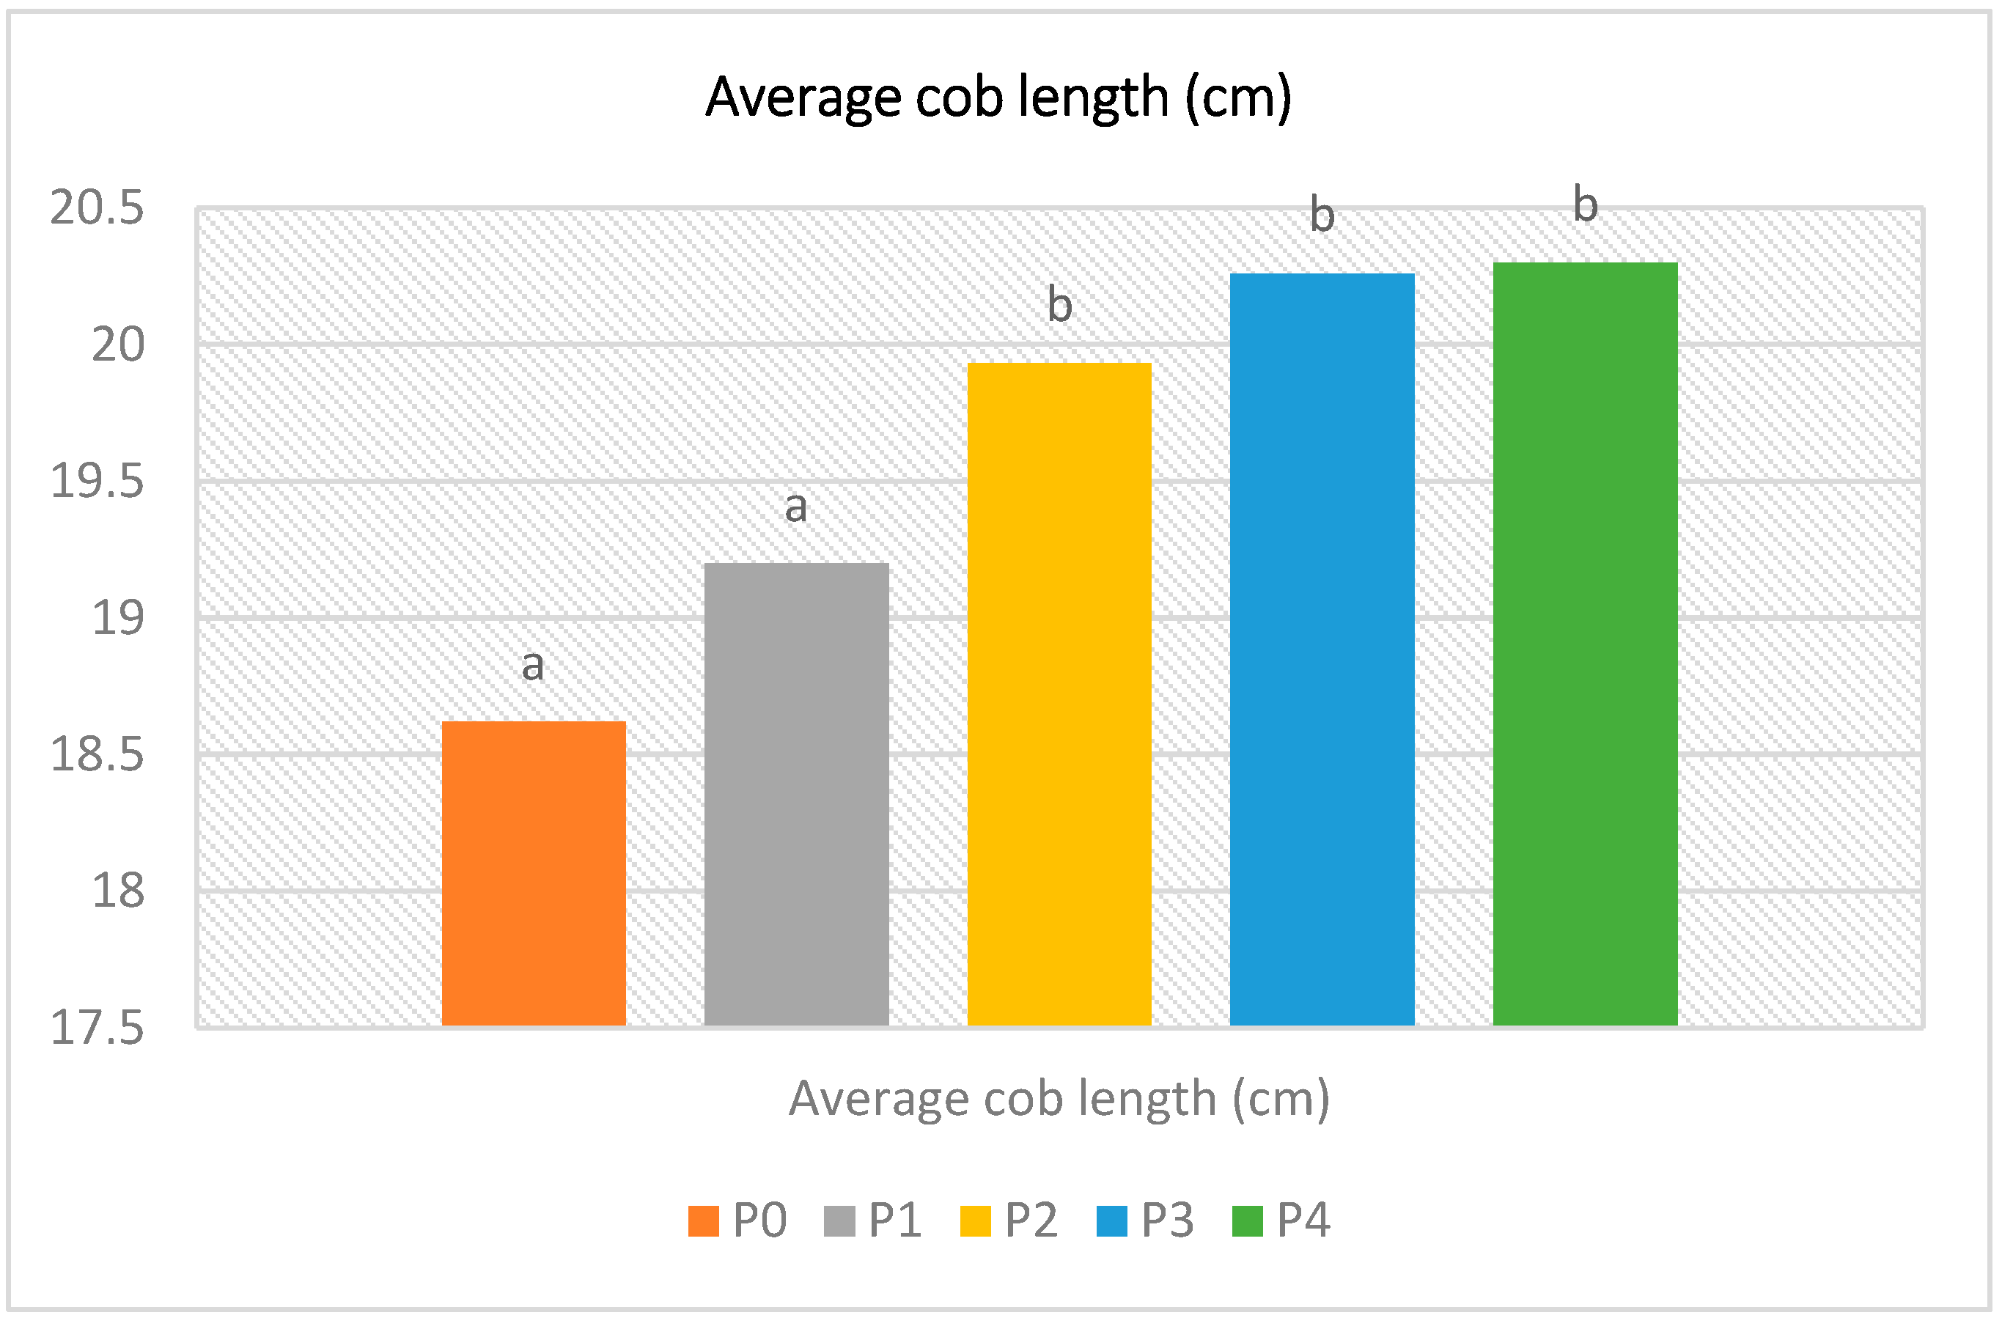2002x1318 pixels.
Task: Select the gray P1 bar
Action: point(796,794)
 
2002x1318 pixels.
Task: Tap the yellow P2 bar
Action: point(1059,694)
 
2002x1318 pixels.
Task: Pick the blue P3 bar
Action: point(1322,649)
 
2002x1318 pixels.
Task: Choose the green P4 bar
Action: point(1585,644)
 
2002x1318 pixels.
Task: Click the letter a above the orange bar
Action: point(532,666)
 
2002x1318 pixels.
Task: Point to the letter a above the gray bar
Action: point(796,507)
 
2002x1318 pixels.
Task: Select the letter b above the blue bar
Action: point(1322,216)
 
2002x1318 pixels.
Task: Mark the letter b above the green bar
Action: point(1585,205)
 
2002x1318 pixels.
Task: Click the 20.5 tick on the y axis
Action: point(97,207)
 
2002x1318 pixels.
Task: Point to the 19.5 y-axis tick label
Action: point(97,481)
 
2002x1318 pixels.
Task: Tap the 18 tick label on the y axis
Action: point(118,891)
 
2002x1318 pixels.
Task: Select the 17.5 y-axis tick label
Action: point(97,1028)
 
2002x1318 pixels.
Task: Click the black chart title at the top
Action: point(998,97)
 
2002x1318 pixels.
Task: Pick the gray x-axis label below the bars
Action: point(1059,1099)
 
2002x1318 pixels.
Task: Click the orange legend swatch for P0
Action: point(703,1221)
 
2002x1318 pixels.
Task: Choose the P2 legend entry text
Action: point(1031,1221)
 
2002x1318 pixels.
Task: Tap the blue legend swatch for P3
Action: point(1111,1221)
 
